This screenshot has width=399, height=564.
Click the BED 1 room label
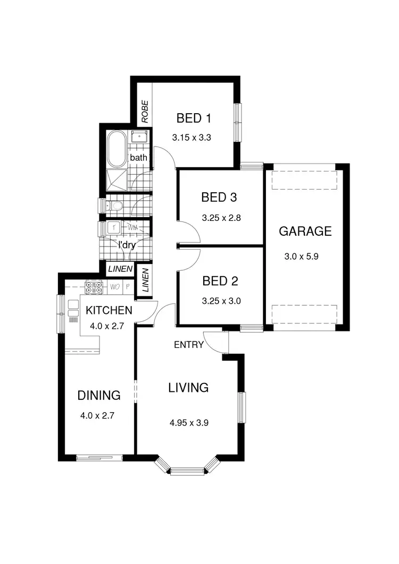189,117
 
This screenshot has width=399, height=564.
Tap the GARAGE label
305,231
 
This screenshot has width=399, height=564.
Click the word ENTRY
189,345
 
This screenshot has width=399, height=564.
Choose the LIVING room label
188,387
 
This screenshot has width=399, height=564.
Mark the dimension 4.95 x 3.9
189,423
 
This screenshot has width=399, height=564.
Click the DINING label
99,395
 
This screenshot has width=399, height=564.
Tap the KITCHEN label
109,310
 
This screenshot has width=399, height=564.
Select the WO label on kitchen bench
114,287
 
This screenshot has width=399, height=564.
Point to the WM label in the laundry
133,228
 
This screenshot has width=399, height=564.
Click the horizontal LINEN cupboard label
120,270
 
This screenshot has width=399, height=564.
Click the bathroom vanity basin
139,137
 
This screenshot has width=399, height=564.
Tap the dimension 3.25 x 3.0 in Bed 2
222,300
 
